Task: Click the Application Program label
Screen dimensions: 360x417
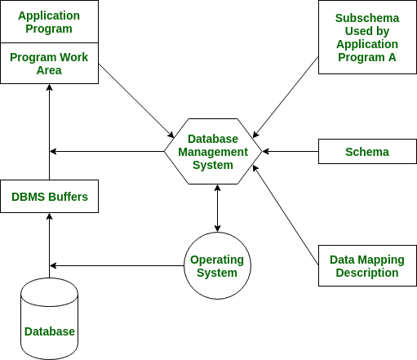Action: click(49, 22)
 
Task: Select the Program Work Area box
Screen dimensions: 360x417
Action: click(49, 63)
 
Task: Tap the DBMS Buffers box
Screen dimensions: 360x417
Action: click(49, 197)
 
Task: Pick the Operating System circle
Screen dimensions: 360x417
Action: click(217, 265)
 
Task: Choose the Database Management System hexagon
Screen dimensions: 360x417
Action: click(213, 151)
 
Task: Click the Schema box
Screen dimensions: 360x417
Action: click(366, 152)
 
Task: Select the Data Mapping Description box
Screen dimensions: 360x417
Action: click(366, 265)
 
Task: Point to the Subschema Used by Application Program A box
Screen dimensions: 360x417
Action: click(366, 38)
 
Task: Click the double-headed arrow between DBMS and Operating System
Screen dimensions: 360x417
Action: click(217, 208)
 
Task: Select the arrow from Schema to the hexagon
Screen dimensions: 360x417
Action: click(290, 151)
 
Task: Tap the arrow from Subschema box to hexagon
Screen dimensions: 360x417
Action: click(286, 96)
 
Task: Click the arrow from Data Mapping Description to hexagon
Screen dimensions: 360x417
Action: click(286, 215)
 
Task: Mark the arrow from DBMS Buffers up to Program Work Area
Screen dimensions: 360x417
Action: click(49, 131)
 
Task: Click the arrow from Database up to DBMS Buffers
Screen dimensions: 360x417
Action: click(49, 245)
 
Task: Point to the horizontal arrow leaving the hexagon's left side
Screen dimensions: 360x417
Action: click(106, 151)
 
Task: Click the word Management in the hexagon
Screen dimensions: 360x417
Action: click(212, 152)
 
